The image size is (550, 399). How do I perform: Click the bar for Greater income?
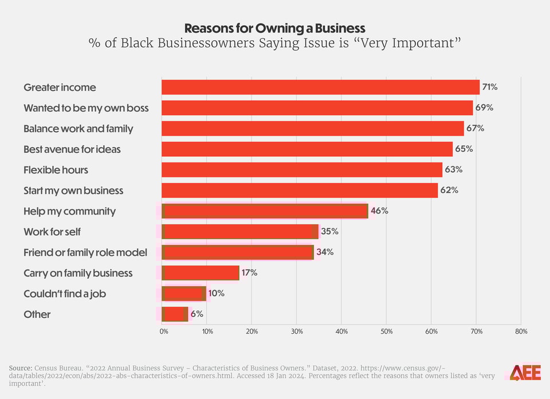[320, 87]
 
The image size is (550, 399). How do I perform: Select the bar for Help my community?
[265, 211]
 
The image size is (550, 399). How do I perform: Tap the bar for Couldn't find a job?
[183, 294]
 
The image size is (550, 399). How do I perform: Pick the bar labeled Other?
[175, 314]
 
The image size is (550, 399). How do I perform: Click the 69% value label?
[484, 108]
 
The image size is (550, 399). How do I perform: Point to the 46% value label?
[379, 211]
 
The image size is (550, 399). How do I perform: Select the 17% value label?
[249, 273]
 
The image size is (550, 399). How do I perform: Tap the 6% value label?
[197, 314]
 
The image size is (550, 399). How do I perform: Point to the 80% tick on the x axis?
[521, 331]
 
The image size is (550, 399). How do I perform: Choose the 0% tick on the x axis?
[164, 331]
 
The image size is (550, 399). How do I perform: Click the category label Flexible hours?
[56, 170]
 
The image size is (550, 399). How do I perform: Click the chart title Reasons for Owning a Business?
[274, 28]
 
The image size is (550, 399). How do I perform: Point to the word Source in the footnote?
[19, 367]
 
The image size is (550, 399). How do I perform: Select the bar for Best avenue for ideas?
[307, 149]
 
